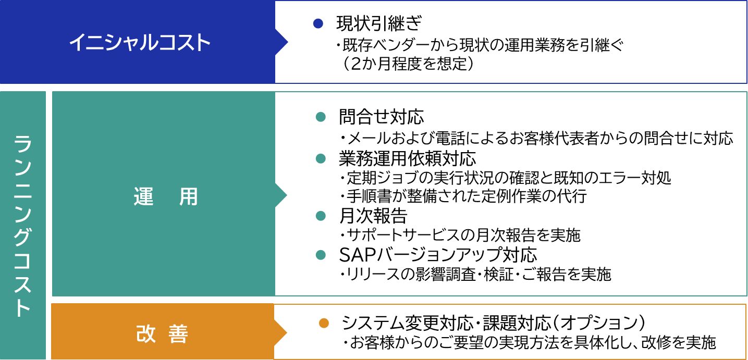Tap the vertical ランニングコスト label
[22, 226]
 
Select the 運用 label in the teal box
[165, 196]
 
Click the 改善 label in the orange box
[162, 333]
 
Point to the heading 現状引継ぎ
[378, 23]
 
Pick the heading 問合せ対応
[381, 117]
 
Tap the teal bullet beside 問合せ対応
[321, 117]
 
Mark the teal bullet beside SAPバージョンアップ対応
[321, 255]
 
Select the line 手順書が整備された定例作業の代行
[466, 196]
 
